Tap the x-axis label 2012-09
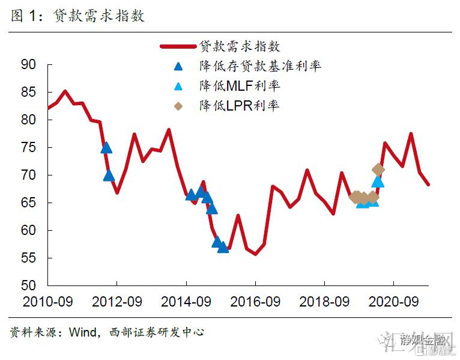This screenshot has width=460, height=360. tap(118, 301)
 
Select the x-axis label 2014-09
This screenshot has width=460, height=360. tap(186, 301)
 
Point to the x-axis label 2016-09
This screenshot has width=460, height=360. tap(255, 301)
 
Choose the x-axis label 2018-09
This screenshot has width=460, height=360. tap(324, 301)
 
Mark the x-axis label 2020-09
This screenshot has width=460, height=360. tap(393, 301)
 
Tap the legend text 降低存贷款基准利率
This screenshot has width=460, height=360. tap(260, 66)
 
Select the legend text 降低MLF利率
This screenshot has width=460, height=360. tap(240, 86)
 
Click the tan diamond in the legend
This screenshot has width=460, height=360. tap(178, 106)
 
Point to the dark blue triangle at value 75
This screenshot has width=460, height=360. tap(106, 147)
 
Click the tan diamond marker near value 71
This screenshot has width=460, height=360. tap(378, 169)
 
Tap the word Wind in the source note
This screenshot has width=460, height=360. tap(82, 332)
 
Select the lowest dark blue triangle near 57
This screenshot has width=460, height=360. tap(223, 246)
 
